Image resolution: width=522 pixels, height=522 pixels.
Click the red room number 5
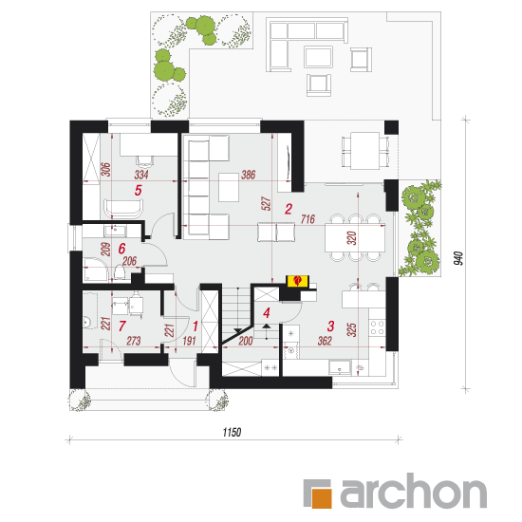[x=139, y=190]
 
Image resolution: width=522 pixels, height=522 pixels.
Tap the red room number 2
[x=289, y=209]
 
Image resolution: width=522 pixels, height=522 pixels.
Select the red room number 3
[x=330, y=326]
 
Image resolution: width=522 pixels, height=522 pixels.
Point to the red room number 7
[x=121, y=326]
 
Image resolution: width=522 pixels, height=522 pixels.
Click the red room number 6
[x=122, y=249]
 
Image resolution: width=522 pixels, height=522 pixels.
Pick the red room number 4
[x=267, y=313]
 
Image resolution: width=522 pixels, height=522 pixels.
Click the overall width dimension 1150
[x=232, y=433]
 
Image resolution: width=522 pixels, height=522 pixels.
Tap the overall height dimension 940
[x=458, y=259]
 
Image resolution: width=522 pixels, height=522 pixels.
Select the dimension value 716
[x=308, y=219]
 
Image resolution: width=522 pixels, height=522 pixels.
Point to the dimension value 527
[x=267, y=203]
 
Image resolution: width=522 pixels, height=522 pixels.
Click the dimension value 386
[x=249, y=175]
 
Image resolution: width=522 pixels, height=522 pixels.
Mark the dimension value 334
[x=141, y=175]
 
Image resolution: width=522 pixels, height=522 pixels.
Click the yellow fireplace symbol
[x=298, y=280]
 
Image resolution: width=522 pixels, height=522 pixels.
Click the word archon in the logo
[x=413, y=491]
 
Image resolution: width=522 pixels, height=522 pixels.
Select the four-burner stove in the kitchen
[x=378, y=327]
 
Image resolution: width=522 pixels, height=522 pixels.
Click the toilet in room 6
[x=120, y=272]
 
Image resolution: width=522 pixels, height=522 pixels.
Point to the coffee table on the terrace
[x=318, y=57]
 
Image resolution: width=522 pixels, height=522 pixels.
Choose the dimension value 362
[x=325, y=341]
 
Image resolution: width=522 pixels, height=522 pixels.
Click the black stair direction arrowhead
[x=238, y=330]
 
